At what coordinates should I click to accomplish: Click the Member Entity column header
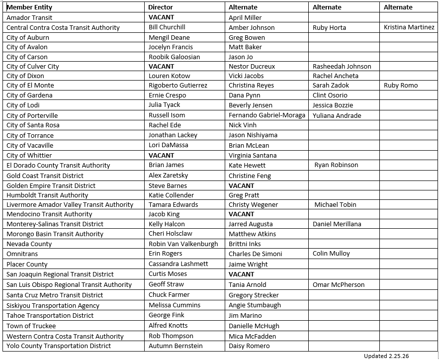tap(29, 7)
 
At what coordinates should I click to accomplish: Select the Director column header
tap(161, 7)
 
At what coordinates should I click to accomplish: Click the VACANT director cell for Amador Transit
tap(161, 17)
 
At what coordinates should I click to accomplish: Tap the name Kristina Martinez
tap(409, 27)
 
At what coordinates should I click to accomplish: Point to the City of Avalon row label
tap(27, 47)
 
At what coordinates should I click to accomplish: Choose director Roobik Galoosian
tap(174, 57)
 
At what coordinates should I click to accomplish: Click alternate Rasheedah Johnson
tap(342, 66)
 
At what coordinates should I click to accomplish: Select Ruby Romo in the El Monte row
tap(401, 86)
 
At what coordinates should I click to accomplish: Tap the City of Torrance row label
tap(30, 135)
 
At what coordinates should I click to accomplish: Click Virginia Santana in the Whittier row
tap(253, 155)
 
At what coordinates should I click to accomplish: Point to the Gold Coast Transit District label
tap(45, 176)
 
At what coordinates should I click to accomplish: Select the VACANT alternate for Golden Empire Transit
tap(241, 185)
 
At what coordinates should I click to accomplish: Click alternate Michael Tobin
tap(335, 204)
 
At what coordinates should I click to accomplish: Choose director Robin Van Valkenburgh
tap(183, 244)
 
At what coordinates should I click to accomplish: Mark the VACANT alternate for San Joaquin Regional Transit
tap(241, 274)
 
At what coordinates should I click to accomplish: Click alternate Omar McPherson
tap(339, 285)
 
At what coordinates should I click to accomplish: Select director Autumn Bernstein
tap(176, 346)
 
